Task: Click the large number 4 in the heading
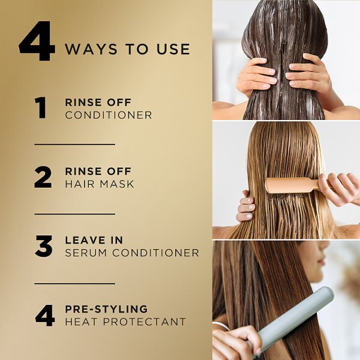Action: pos(37,41)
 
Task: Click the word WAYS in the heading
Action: pos(91,49)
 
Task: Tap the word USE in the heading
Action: pos(173,49)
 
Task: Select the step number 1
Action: pos(41,107)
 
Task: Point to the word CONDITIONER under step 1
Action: pos(109,115)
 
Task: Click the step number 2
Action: pos(43,178)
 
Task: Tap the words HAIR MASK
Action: pos(100,184)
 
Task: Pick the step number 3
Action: pos(44,246)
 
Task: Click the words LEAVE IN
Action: pos(94,240)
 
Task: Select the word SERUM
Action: pos(86,253)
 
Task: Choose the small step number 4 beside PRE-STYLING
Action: pos(45,316)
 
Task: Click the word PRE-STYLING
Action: pos(106,309)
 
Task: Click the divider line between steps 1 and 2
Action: pos(75,145)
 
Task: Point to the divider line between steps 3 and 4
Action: pos(75,284)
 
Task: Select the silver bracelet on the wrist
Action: pos(221,326)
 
